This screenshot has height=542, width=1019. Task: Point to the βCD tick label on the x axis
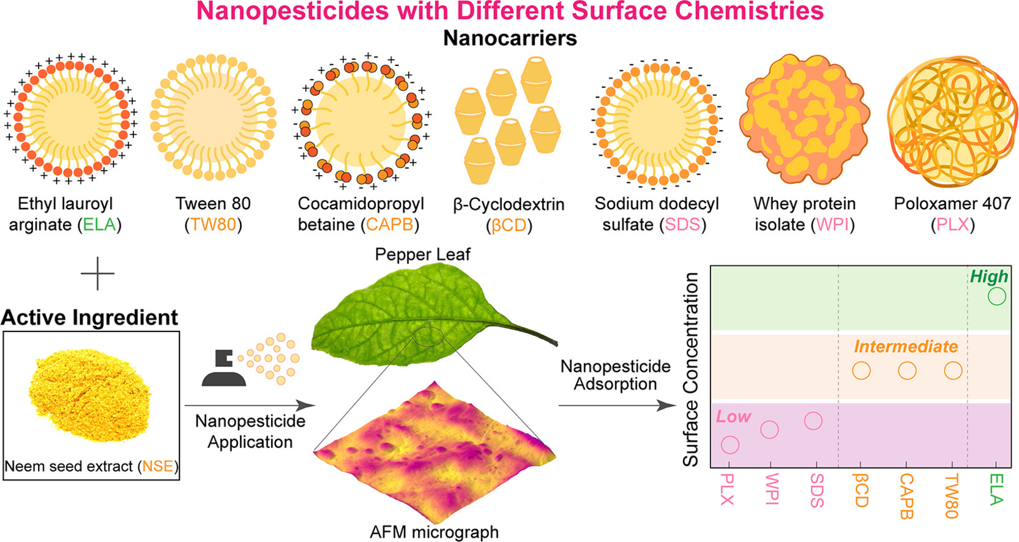(860, 491)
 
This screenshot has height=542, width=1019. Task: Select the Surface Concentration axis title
(690, 369)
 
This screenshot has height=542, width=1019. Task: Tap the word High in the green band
(988, 277)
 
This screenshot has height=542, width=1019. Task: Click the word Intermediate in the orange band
(906, 346)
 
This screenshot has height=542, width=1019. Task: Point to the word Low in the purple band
(733, 417)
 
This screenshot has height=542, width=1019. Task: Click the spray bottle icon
(224, 368)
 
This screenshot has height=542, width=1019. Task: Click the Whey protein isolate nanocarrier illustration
(804, 119)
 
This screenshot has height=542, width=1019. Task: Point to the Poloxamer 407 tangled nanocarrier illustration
(952, 121)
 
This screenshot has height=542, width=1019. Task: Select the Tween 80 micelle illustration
(213, 117)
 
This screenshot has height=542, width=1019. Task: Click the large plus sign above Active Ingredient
(98, 273)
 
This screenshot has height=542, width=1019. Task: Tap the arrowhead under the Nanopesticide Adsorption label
(668, 406)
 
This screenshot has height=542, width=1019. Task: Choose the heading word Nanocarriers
(510, 38)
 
